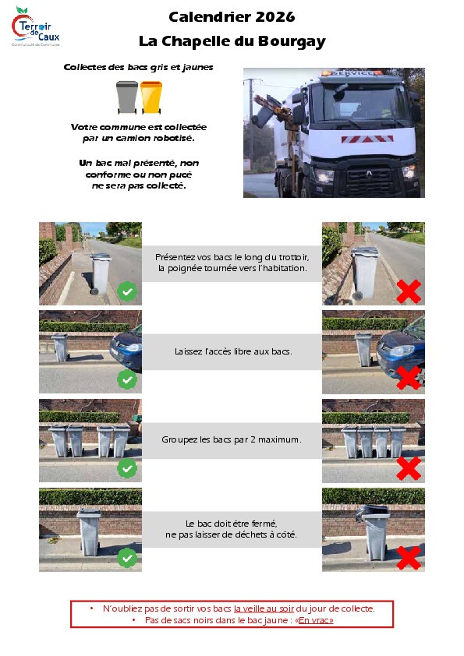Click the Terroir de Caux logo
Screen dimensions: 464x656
click(36, 26)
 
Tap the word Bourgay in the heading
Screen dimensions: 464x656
click(292, 42)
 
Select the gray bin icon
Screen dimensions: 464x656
click(127, 97)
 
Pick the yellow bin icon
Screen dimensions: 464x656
click(151, 97)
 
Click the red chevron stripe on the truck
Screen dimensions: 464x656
click(367, 139)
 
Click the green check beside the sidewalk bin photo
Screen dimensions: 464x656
click(127, 291)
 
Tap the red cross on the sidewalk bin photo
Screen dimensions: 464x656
click(409, 291)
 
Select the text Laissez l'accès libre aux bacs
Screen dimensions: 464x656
click(233, 351)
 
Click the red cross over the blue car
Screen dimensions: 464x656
click(409, 378)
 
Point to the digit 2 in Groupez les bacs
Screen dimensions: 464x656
click(253, 439)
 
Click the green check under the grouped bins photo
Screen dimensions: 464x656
click(127, 468)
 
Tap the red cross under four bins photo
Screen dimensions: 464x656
click(409, 468)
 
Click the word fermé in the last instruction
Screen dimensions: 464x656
click(264, 524)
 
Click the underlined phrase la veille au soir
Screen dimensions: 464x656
click(264, 608)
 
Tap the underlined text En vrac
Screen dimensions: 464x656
click(316, 620)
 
